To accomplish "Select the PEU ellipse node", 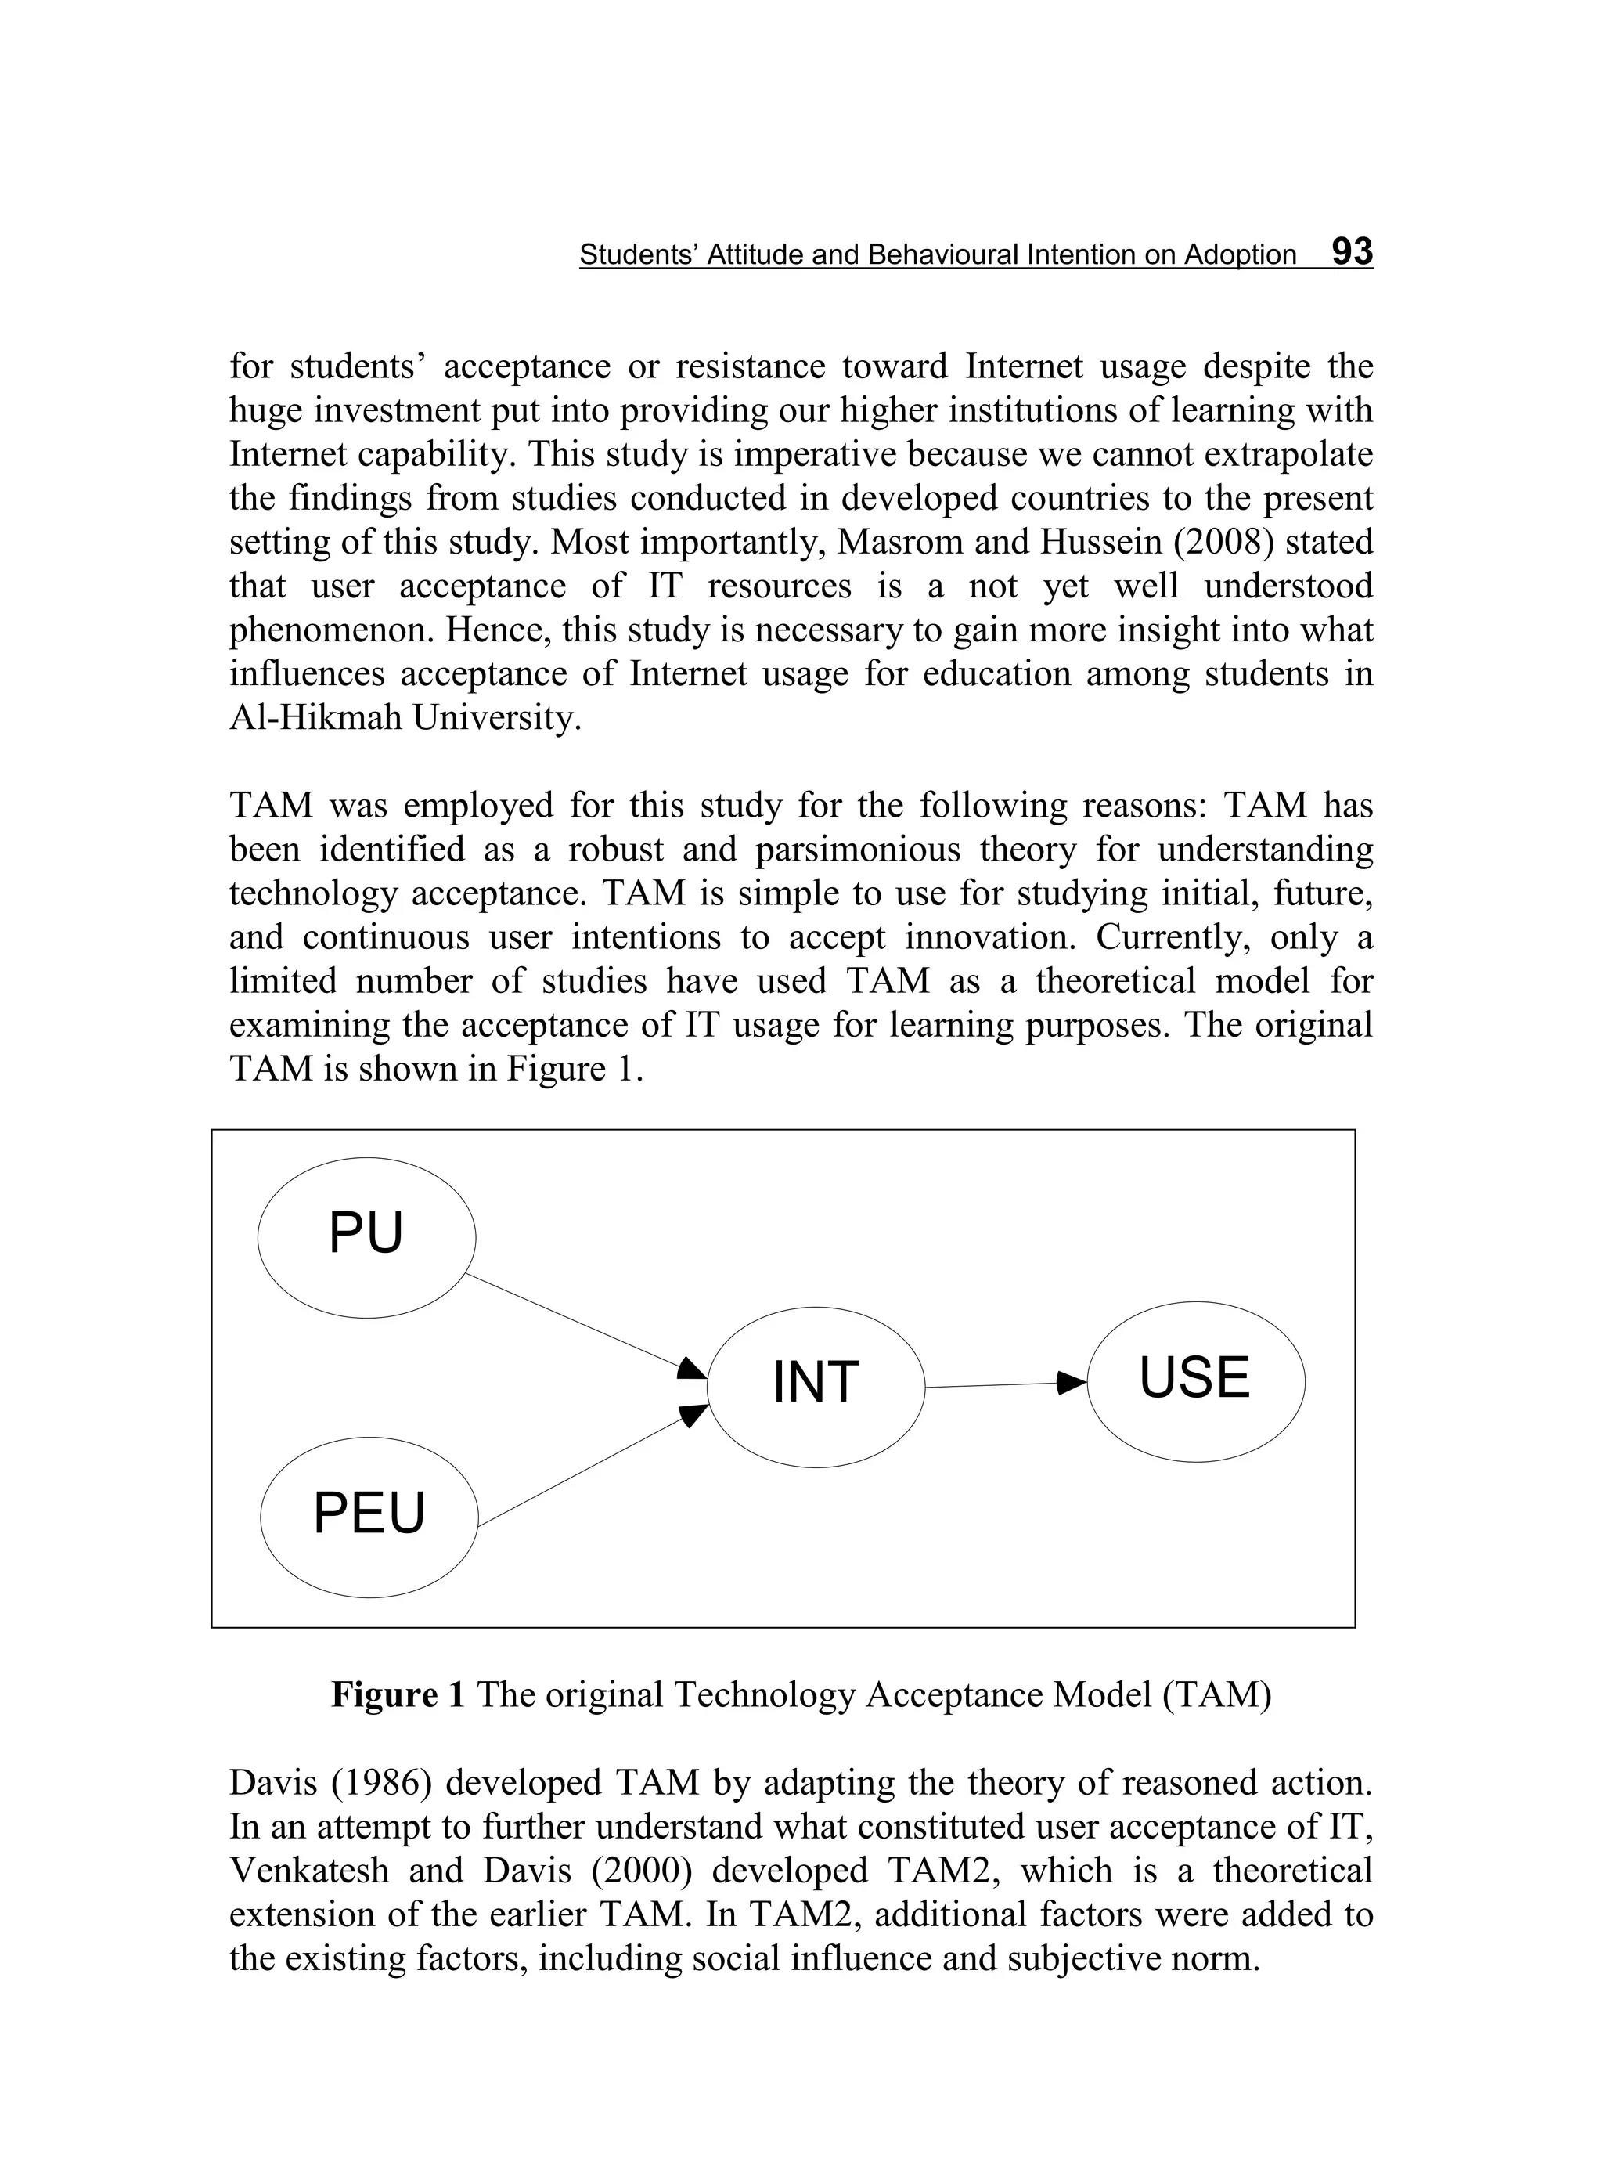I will coord(369,1516).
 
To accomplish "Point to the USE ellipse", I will coord(1194,1380).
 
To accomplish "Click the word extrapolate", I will coord(1280,453).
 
